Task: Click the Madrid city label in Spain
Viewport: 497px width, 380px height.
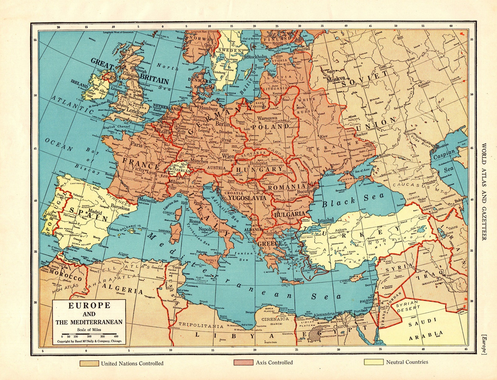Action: click(x=95, y=212)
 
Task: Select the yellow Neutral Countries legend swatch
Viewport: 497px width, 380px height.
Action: click(x=373, y=362)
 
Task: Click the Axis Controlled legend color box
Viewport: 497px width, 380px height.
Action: click(x=243, y=362)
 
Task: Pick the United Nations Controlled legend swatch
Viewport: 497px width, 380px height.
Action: click(x=89, y=363)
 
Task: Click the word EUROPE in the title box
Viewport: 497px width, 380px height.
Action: click(x=89, y=305)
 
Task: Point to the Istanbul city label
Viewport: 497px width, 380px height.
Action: click(x=326, y=220)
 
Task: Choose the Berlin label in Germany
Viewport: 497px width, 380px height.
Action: click(x=223, y=124)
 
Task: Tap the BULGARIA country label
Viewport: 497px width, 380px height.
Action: click(x=289, y=215)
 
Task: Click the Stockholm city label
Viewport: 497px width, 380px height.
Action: click(x=257, y=57)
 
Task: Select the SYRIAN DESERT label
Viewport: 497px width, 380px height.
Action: click(x=407, y=306)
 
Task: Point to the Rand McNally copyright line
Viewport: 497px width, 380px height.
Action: click(x=90, y=341)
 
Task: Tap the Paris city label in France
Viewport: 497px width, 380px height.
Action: click(x=136, y=145)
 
